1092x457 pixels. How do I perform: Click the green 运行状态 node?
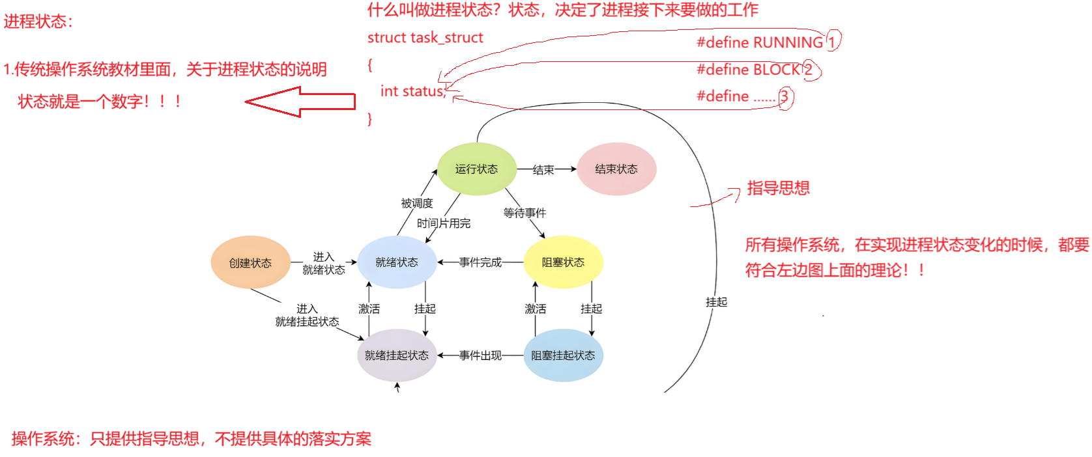[476, 169]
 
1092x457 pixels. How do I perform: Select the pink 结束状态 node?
[616, 169]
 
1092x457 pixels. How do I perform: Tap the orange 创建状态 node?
[250, 262]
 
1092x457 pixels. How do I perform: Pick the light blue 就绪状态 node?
[397, 262]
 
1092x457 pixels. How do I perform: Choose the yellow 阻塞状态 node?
[563, 262]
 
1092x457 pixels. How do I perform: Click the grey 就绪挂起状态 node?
[397, 355]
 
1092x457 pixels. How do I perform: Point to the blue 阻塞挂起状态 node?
[563, 355]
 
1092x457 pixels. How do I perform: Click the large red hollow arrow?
[300, 102]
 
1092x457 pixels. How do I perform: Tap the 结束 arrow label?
[543, 169]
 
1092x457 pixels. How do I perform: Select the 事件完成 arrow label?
[480, 262]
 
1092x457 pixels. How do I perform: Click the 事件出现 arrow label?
[480, 355]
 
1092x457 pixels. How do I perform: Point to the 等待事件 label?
[524, 212]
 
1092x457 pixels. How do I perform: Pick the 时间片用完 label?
[444, 223]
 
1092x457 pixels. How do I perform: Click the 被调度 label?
[417, 203]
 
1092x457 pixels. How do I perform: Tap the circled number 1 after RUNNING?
[832, 42]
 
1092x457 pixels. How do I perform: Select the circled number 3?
[784, 97]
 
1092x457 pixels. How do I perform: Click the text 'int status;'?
[413, 91]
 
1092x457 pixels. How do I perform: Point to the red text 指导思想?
[778, 188]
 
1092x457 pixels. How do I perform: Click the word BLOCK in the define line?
[776, 70]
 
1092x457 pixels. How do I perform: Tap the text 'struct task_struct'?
[425, 38]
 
